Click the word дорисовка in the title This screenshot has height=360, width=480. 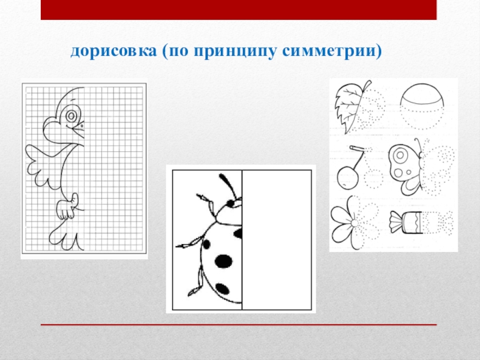pos(113,51)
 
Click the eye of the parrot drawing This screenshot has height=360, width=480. pos(71,116)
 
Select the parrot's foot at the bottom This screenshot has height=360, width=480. pos(65,236)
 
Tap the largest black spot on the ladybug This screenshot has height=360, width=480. pos(223,261)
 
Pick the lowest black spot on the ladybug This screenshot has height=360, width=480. pos(222,289)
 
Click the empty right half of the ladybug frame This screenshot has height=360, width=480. pos(277,240)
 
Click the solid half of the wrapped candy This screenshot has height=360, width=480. pos(406,223)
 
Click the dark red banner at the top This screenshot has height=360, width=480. pos(239,10)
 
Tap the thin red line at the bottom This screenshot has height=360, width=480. pos(239,325)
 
